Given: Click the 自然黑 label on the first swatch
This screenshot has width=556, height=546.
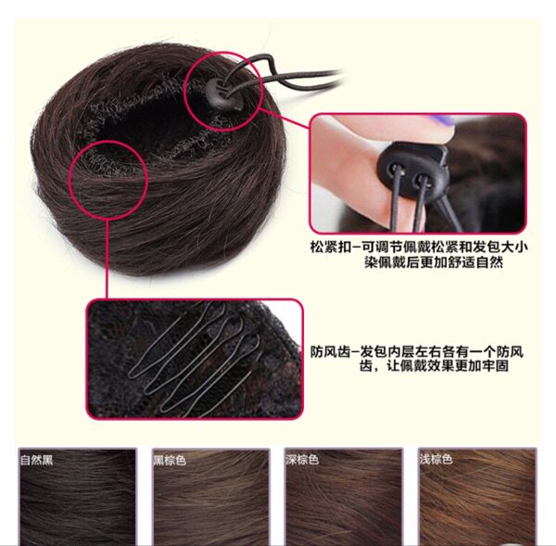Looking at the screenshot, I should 37,459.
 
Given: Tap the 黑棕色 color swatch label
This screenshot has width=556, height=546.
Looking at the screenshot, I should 170,459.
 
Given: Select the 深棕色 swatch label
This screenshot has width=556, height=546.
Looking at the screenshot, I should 302,459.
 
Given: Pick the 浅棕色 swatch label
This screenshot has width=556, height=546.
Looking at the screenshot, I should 435,459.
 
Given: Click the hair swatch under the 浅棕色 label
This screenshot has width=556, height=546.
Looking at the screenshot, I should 476,501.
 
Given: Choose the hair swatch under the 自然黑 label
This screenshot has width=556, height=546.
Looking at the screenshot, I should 77,501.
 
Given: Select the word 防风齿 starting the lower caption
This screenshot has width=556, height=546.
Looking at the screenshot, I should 329,351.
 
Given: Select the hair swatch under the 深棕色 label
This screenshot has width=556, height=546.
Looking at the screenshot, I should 343,501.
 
